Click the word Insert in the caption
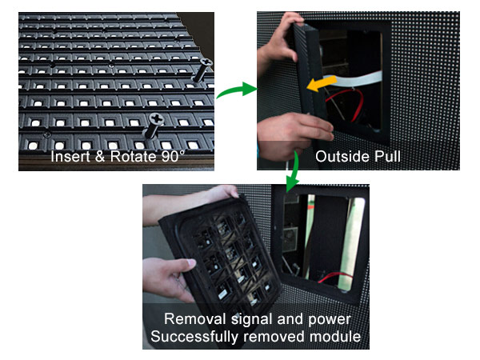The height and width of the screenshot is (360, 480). [70, 156]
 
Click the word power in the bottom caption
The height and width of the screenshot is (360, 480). [330, 320]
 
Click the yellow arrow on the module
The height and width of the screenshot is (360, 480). [322, 83]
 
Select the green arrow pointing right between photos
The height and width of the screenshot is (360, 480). [237, 90]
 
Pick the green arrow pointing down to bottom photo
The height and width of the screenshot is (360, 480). [293, 173]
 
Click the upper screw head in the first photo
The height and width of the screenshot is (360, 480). [206, 62]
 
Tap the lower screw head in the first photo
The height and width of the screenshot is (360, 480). [157, 118]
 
